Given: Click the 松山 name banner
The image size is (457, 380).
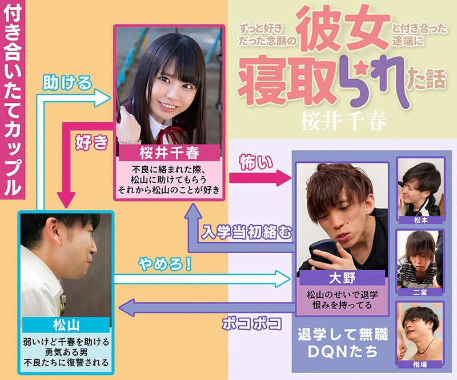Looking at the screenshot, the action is (66, 325).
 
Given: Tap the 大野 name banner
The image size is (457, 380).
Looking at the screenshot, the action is (342, 278).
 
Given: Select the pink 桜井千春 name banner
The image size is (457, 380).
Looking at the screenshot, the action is (169, 153).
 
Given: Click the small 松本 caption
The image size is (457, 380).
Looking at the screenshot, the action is (420, 220).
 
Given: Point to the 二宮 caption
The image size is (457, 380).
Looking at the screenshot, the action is (420, 292).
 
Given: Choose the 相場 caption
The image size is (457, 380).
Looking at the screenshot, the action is (420, 364).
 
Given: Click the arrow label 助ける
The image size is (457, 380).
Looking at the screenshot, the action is (67, 82).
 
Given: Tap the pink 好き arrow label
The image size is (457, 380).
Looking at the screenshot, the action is (91, 143).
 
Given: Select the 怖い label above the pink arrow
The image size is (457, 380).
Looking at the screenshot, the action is (256, 162).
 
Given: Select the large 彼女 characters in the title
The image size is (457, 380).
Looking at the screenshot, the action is (344, 29).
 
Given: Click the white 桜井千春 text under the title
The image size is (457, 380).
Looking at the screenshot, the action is (343, 122).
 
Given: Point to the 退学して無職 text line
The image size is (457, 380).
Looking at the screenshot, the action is (343, 334).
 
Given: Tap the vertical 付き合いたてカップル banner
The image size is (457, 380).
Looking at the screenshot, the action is (13, 100).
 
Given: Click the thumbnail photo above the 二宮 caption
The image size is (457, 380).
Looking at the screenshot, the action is (420, 259).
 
